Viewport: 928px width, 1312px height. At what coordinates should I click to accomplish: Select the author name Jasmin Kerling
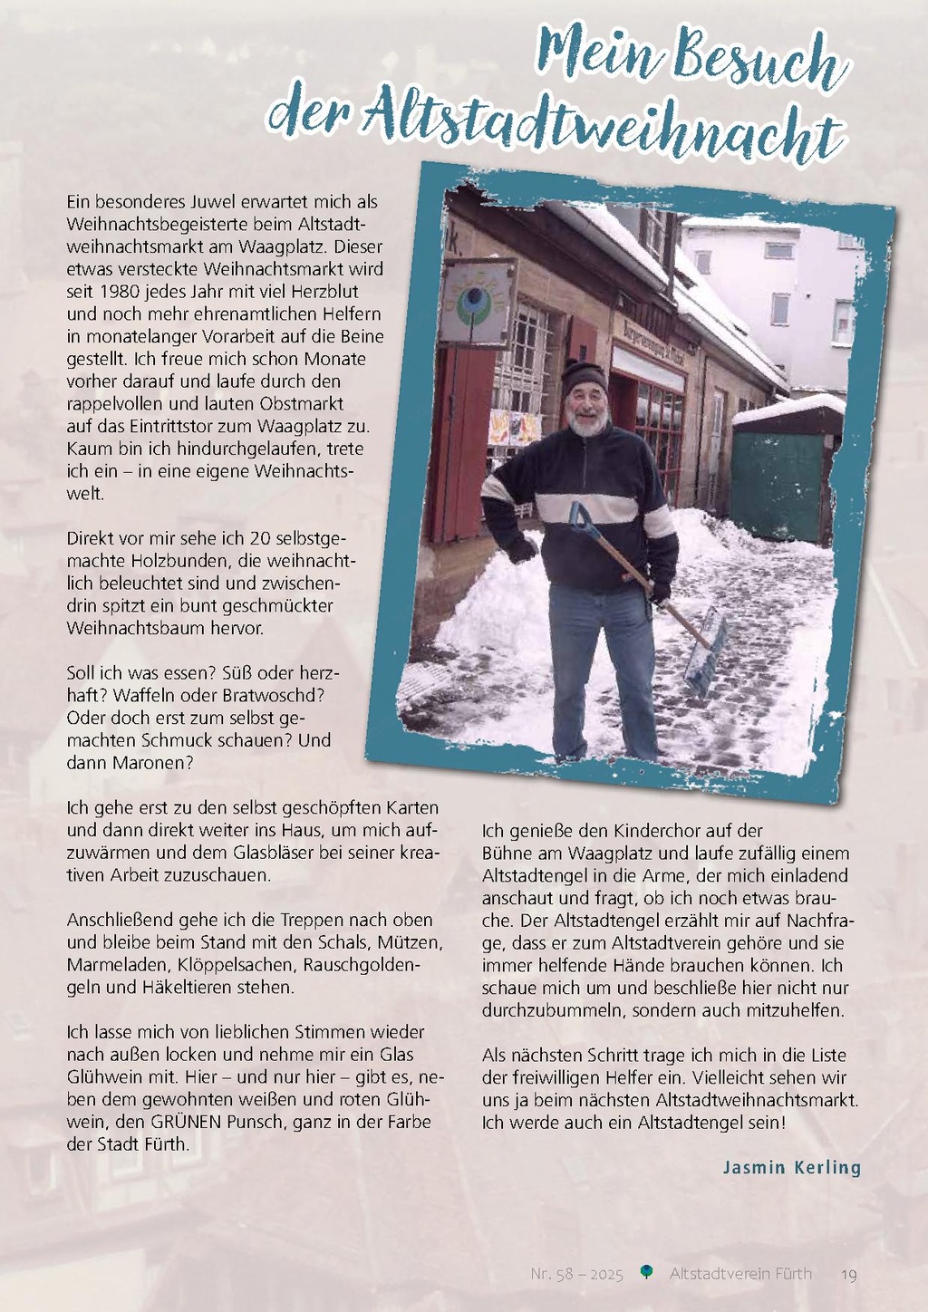(x=791, y=1167)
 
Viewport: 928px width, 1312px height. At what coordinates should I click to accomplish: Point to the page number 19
(x=849, y=1274)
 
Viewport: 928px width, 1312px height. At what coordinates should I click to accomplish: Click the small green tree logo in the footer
(x=646, y=1272)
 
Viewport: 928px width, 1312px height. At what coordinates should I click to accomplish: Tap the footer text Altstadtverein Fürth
(x=740, y=1274)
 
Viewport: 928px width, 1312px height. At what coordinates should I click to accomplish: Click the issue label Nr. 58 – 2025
(x=577, y=1274)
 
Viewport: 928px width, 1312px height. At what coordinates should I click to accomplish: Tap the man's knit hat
(x=583, y=375)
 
